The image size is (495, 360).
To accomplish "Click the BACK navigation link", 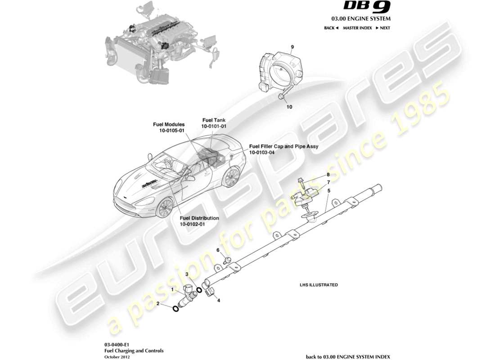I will [x=331, y=28].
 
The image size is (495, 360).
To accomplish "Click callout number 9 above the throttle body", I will [x=292, y=47].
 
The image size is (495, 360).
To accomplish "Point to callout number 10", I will [x=289, y=107].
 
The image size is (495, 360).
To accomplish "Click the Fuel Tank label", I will [x=214, y=121].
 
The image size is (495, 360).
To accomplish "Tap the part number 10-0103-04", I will [x=261, y=153].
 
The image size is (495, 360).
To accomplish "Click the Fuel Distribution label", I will [x=199, y=218].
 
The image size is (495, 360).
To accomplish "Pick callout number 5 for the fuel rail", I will [x=329, y=190].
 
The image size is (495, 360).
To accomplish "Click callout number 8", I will [x=328, y=175].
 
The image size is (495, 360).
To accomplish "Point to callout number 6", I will [x=218, y=250].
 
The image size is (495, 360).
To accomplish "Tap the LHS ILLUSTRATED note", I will [x=319, y=285].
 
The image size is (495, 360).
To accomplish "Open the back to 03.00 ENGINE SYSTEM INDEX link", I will [x=348, y=356].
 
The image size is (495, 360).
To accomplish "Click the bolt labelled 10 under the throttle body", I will [x=281, y=96].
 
